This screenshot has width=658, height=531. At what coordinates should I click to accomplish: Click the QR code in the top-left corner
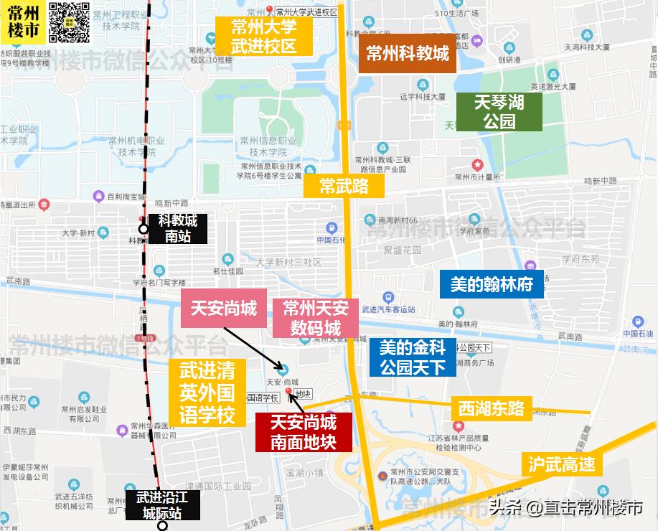70,22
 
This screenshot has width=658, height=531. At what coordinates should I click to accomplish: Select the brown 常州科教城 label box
408,54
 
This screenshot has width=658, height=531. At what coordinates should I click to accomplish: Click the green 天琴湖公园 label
499,112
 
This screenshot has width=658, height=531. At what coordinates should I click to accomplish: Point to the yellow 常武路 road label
344,187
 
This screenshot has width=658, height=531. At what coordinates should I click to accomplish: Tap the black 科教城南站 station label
177,228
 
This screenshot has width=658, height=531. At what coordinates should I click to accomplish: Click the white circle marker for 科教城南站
144,230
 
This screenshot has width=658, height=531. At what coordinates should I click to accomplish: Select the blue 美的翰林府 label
492,284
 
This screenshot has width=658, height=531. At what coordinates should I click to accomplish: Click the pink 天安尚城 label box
223,309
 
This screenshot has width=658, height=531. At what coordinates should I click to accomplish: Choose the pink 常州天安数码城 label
316,319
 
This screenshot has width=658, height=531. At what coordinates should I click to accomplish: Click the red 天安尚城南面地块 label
304,432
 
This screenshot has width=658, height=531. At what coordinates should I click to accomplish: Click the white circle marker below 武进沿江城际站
163,526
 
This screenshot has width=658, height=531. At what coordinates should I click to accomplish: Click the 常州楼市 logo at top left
23,22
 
